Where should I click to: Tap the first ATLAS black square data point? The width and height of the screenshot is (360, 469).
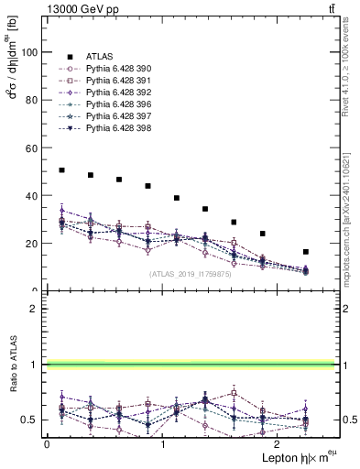coord(61,170)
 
